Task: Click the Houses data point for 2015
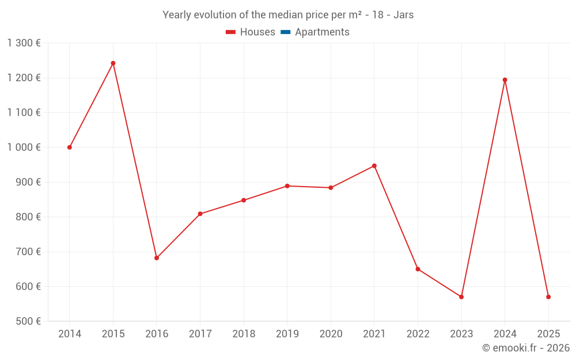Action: pyautogui.click(x=113, y=63)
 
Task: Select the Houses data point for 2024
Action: pyautogui.click(x=505, y=80)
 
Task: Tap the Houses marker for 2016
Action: pyautogui.click(x=157, y=258)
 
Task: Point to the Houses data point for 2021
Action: pyautogui.click(x=374, y=166)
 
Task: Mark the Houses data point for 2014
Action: pyautogui.click(x=70, y=147)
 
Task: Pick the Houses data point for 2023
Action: pyautogui.click(x=461, y=297)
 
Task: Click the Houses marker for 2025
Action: pyautogui.click(x=548, y=297)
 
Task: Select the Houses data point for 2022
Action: pyautogui.click(x=418, y=269)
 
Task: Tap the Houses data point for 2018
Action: pyautogui.click(x=244, y=200)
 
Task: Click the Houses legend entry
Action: pyautogui.click(x=251, y=32)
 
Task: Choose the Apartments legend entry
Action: pyautogui.click(x=315, y=32)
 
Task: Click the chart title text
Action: pyautogui.click(x=288, y=15)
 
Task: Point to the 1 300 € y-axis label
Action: pyautogui.click(x=24, y=43)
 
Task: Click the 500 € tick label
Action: pyautogui.click(x=28, y=321)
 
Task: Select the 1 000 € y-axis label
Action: pyautogui.click(x=24, y=147)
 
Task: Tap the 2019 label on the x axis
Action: pyautogui.click(x=287, y=334)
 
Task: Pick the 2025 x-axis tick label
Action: pyautogui.click(x=548, y=334)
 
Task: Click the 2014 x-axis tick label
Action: pyautogui.click(x=70, y=334)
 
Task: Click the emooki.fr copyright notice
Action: pyautogui.click(x=525, y=348)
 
